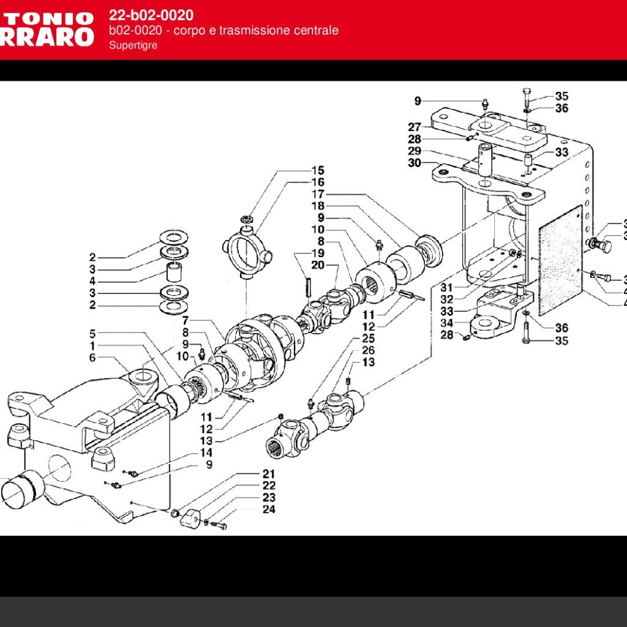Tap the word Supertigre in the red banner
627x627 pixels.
[133, 45]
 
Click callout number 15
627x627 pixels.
[318, 171]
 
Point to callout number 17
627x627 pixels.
[318, 194]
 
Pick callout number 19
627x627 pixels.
[318, 253]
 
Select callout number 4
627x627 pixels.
[92, 282]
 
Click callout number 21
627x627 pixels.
[269, 474]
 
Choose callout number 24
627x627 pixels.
[269, 509]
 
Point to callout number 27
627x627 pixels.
[415, 127]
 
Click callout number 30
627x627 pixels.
[415, 163]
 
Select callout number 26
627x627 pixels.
[368, 350]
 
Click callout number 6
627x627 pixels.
[92, 358]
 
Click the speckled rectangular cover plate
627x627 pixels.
[560, 260]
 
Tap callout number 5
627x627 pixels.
[92, 334]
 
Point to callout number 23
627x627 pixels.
[269, 498]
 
